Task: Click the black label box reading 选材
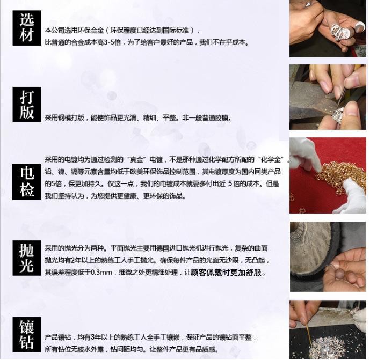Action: (27, 28)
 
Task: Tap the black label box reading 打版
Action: (27, 105)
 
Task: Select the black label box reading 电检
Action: (27, 181)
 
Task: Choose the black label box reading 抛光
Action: (27, 258)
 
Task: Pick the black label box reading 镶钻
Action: (27, 335)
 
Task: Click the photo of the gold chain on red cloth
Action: (328, 175)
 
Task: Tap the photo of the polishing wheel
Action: (328, 257)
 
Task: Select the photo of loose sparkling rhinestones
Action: (328, 330)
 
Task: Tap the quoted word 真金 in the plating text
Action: (137, 159)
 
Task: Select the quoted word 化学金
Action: (271, 159)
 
